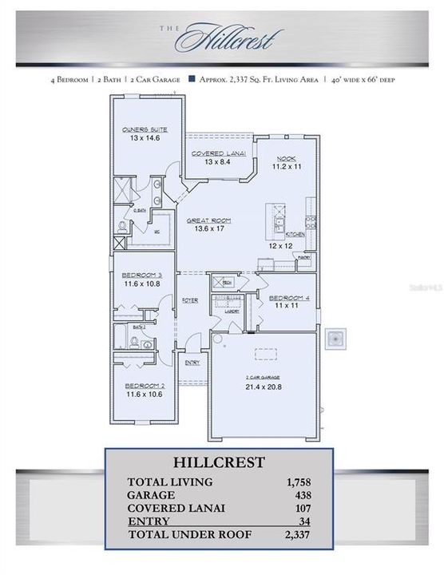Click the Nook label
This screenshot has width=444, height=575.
(x=287, y=158)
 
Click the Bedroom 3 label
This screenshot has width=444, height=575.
(x=142, y=274)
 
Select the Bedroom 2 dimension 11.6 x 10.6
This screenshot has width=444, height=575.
(x=143, y=394)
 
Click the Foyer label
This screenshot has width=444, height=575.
(x=189, y=301)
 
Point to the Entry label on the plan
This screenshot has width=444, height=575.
(x=192, y=363)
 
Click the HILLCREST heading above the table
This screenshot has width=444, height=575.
(x=219, y=462)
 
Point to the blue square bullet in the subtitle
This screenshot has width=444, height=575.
(x=192, y=78)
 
